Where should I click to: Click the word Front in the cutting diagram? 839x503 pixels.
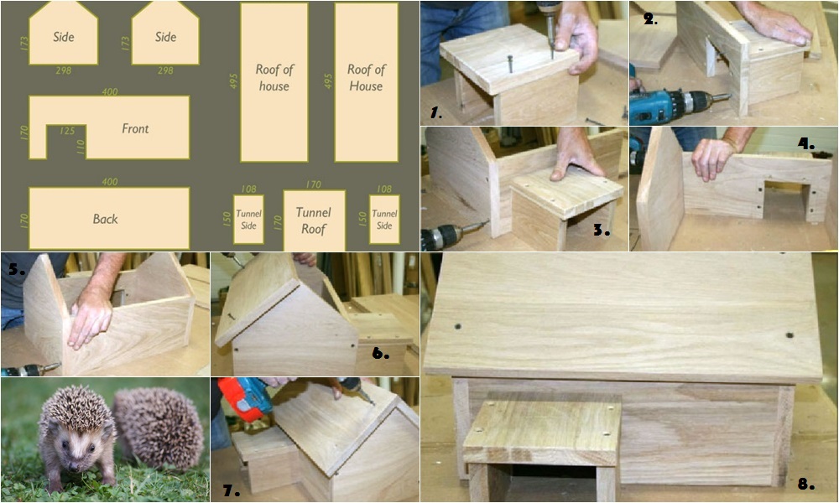click(x=135, y=128)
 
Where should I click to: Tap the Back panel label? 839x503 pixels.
click(x=105, y=219)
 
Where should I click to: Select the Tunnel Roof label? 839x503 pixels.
click(x=314, y=220)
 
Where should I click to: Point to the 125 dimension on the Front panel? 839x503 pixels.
click(x=67, y=131)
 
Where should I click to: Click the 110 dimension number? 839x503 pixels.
click(x=81, y=147)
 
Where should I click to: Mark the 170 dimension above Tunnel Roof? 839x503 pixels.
click(x=314, y=184)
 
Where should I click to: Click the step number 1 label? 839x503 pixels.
click(x=436, y=113)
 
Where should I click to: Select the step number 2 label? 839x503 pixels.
click(x=650, y=20)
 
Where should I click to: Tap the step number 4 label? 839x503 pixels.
click(x=805, y=144)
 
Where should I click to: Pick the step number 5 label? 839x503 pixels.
click(x=17, y=268)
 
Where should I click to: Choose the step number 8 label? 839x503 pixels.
click(x=805, y=485)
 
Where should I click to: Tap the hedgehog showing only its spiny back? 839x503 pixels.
click(x=159, y=428)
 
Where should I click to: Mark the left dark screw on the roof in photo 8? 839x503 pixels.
click(x=457, y=326)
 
